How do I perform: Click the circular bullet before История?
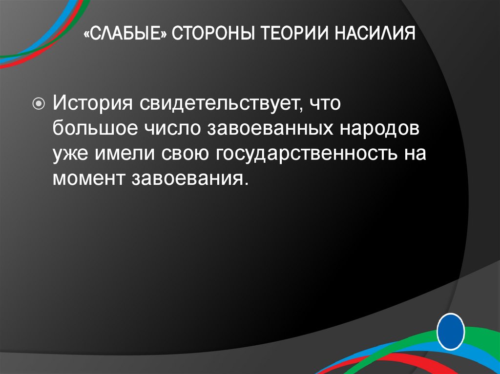(39, 103)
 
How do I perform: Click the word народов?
(378, 129)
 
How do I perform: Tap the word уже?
(71, 154)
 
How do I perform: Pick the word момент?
(88, 179)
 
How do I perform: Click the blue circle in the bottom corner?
(451, 332)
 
